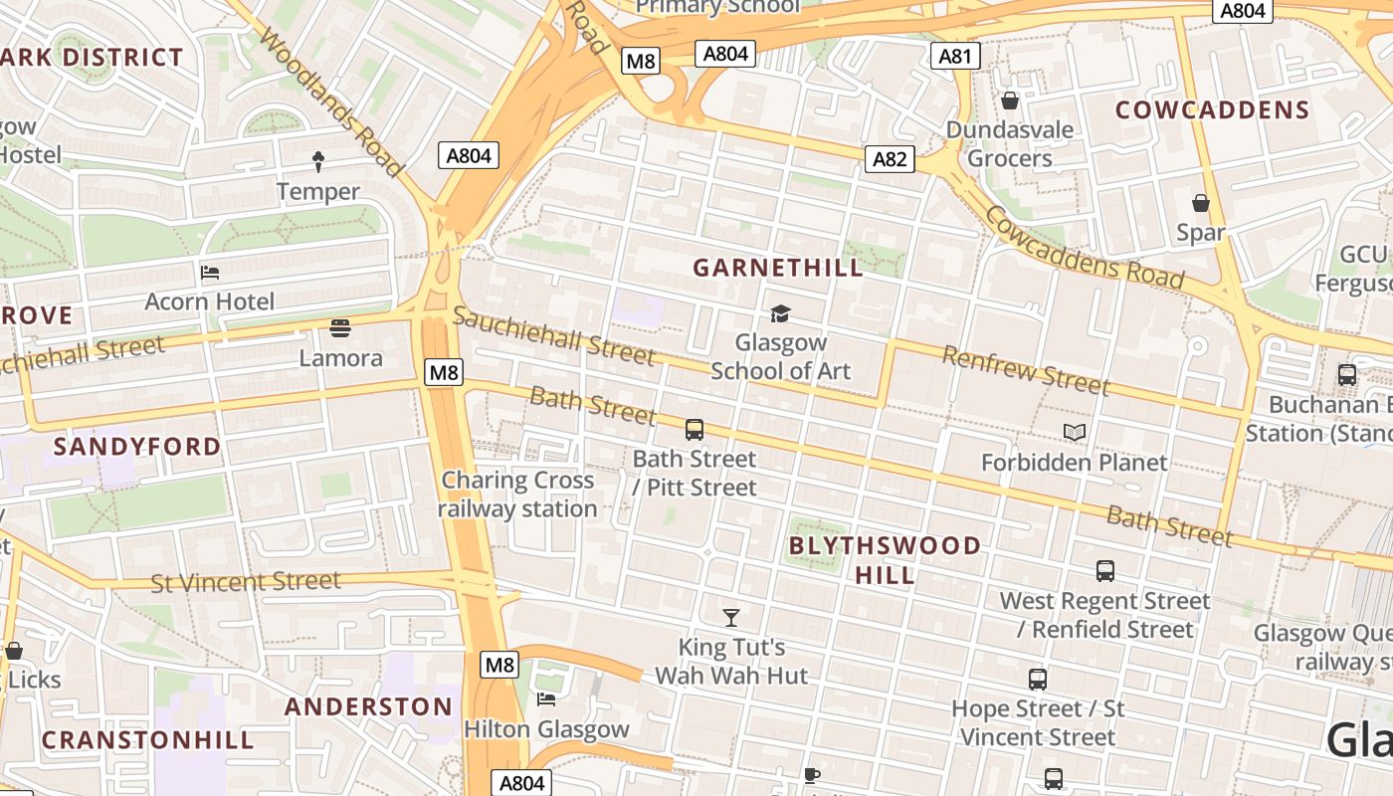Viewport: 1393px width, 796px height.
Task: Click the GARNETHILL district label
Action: point(778,268)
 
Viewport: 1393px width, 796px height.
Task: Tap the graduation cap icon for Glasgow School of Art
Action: point(780,314)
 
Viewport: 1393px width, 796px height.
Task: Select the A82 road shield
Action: point(889,158)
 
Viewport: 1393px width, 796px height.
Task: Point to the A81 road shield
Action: point(955,56)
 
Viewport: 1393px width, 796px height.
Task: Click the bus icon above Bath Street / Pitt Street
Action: point(695,430)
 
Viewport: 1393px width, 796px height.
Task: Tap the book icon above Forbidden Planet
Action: point(1075,432)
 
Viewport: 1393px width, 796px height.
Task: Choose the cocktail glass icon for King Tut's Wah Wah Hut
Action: point(731,618)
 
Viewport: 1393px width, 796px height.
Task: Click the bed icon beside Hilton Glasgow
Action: point(545,698)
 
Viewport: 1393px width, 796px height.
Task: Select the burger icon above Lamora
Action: point(340,328)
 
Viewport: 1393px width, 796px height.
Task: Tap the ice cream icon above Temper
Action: point(318,160)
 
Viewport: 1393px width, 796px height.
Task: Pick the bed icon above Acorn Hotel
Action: point(210,272)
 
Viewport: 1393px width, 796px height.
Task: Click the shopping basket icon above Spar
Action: point(1201,203)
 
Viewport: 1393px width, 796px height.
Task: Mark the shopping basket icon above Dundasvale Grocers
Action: point(1010,100)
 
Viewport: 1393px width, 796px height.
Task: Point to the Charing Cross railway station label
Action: point(517,495)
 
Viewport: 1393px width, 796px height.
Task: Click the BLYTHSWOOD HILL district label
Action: point(885,560)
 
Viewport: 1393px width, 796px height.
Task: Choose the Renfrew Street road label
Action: point(1025,370)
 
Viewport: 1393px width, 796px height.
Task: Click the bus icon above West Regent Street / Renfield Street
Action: point(1105,571)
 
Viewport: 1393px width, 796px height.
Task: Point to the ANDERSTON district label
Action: point(368,706)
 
